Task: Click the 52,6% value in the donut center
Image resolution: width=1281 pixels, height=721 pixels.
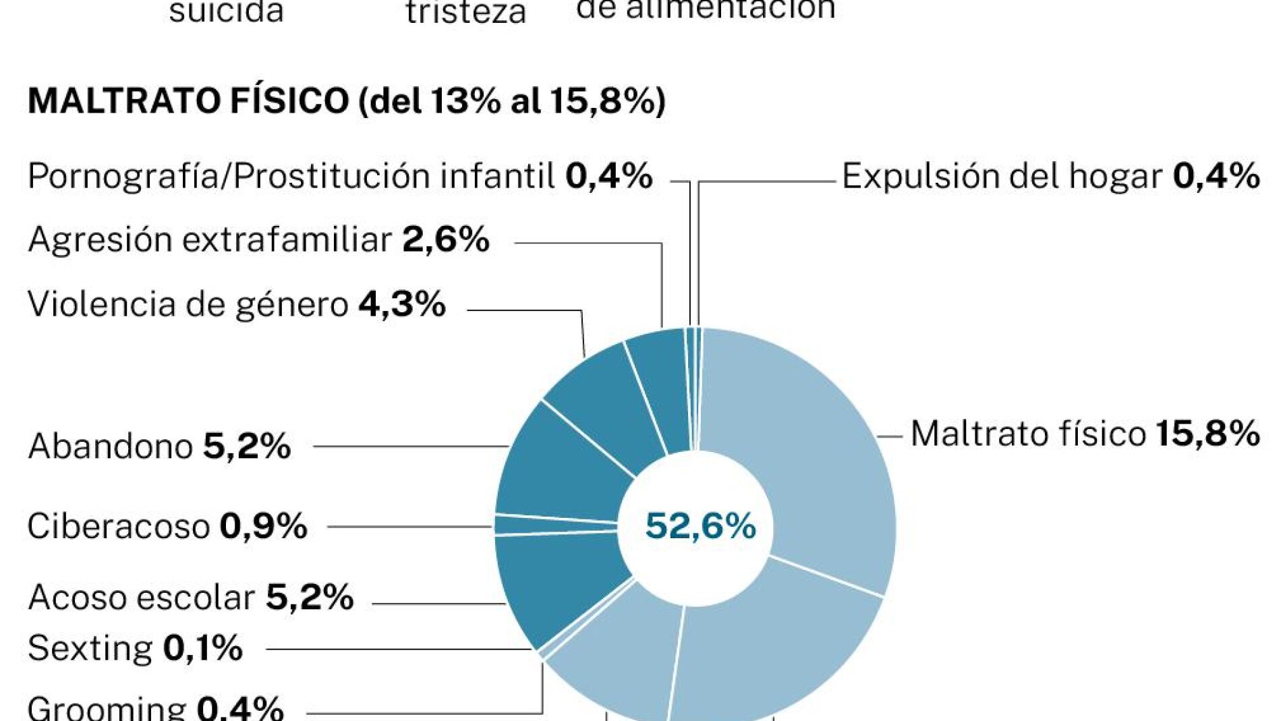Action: (700, 526)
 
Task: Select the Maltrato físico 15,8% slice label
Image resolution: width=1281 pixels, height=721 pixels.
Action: (1085, 434)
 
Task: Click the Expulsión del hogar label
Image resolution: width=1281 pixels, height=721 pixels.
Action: (1050, 177)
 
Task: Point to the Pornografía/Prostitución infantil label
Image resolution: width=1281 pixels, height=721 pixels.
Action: (340, 177)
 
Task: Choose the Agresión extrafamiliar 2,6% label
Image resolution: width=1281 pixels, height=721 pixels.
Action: (258, 240)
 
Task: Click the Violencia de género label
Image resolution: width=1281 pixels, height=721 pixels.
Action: (236, 304)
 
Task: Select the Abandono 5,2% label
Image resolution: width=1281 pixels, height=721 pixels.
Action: (159, 446)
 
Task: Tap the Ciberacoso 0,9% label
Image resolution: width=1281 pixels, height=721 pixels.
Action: (167, 527)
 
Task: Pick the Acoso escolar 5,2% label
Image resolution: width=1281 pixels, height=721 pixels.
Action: (191, 598)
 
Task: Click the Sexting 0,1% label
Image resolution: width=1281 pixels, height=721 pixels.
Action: (135, 649)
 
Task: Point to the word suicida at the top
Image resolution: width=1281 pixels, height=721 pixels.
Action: (226, 12)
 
